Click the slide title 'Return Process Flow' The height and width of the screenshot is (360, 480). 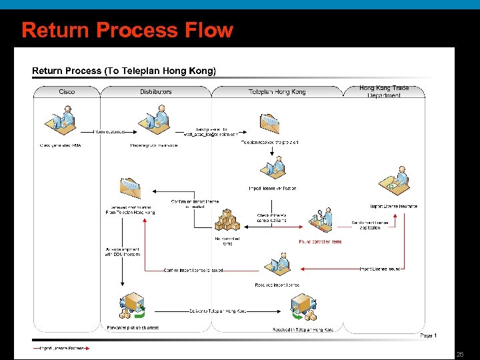coord(127,30)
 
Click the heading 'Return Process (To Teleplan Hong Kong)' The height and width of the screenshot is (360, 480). coord(124,71)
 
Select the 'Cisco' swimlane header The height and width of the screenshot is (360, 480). coord(67,92)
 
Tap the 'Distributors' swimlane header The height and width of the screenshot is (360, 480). coord(155,92)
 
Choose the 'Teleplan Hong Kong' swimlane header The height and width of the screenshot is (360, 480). coord(277,92)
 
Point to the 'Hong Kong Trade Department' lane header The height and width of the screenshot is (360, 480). coord(384,92)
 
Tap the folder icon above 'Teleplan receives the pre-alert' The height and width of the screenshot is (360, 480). coord(269,124)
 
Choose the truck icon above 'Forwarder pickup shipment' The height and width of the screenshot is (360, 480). coord(131,305)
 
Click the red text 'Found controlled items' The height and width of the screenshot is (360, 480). coord(320,241)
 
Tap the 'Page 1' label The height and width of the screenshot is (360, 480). coord(429,335)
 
